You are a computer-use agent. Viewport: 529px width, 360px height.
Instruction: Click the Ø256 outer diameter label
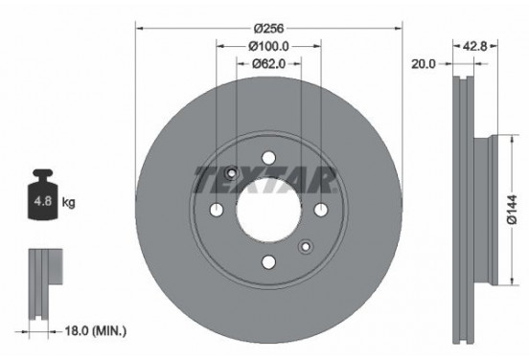[267, 28]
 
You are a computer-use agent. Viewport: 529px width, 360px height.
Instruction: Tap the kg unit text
[70, 203]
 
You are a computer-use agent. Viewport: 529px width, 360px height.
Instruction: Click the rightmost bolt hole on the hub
[320, 211]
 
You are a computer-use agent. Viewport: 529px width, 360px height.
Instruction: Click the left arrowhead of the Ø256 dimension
[140, 28]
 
